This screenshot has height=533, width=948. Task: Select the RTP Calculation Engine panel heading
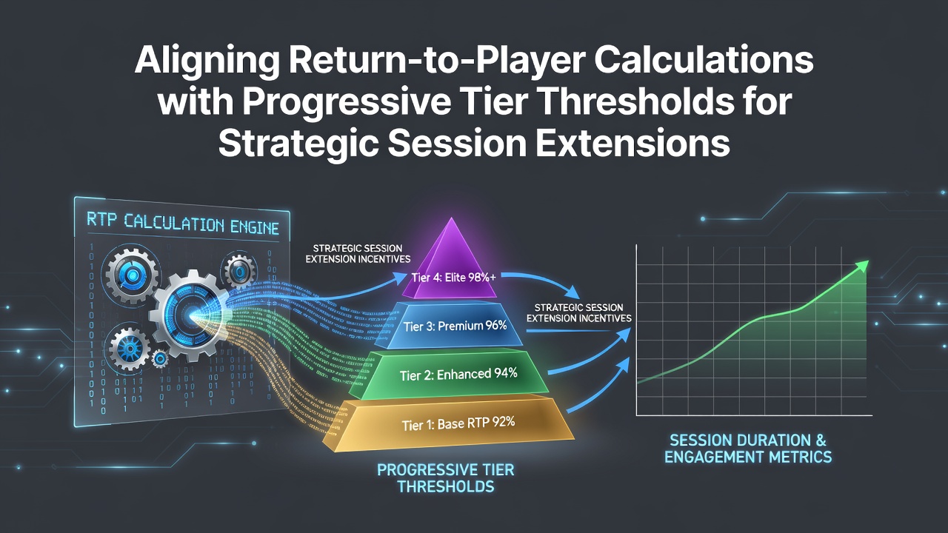coord(182,224)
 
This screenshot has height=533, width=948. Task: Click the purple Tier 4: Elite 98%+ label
coord(453,278)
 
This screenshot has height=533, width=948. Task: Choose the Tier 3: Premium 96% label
coord(455,326)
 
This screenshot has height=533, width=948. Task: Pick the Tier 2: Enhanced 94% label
coord(458,375)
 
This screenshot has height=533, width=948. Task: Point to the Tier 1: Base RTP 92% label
coord(458,423)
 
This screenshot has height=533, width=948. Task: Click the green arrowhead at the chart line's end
coord(861,267)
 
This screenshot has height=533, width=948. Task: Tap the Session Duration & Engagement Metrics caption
coord(748,449)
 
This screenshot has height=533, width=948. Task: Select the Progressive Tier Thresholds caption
coord(446,478)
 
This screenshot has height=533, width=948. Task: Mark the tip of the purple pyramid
coord(452,218)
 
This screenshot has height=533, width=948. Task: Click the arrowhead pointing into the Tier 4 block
coord(400,278)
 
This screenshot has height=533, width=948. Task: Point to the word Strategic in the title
coord(298,144)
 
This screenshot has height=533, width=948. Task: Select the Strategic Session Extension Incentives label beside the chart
coord(578,313)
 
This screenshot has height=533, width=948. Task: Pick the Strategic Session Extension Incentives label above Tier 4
coord(358,254)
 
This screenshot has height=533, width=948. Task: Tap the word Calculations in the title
coord(705,61)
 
